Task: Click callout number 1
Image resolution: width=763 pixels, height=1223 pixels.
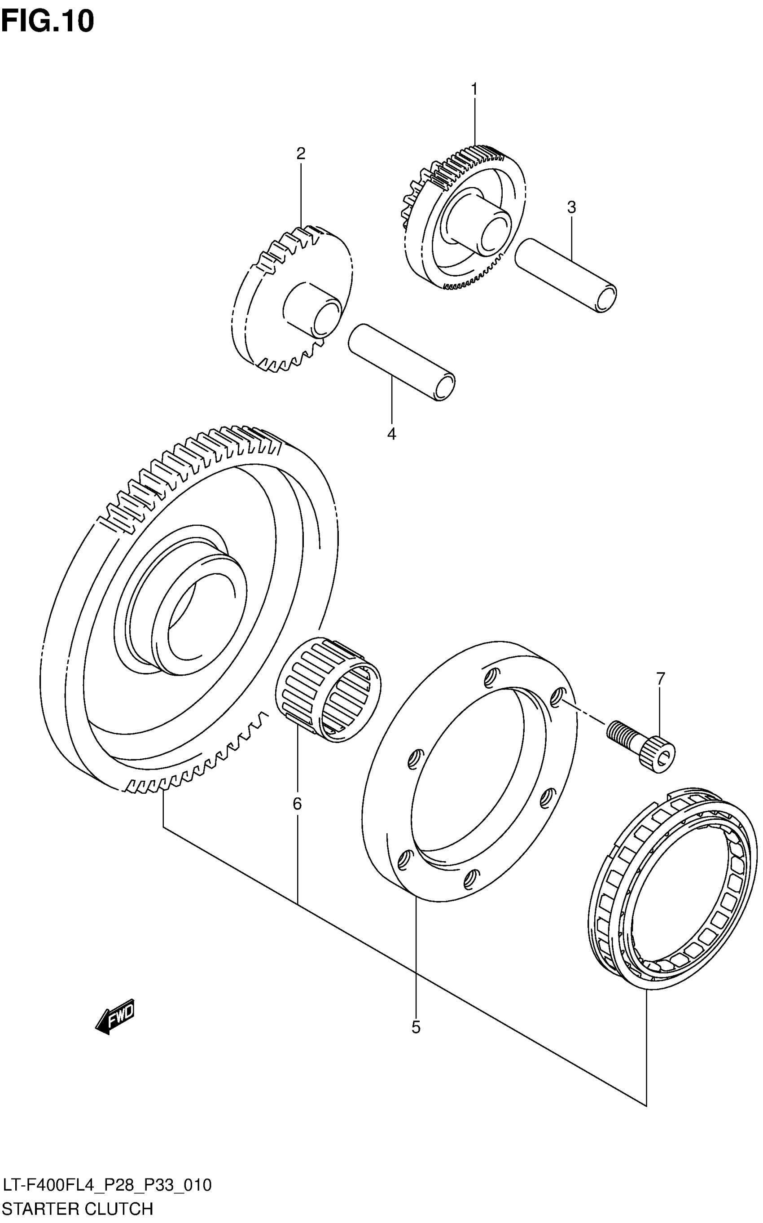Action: pos(474,89)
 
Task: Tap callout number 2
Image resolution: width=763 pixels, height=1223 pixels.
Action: pos(301,154)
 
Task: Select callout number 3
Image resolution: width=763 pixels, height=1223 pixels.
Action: pos(571,207)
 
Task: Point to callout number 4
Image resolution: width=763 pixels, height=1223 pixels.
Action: pos(391,434)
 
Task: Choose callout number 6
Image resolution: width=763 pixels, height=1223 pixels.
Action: pos(297,803)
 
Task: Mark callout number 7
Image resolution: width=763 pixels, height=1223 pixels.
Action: pos(661,677)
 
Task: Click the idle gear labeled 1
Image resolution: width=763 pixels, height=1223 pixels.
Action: pos(464,217)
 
